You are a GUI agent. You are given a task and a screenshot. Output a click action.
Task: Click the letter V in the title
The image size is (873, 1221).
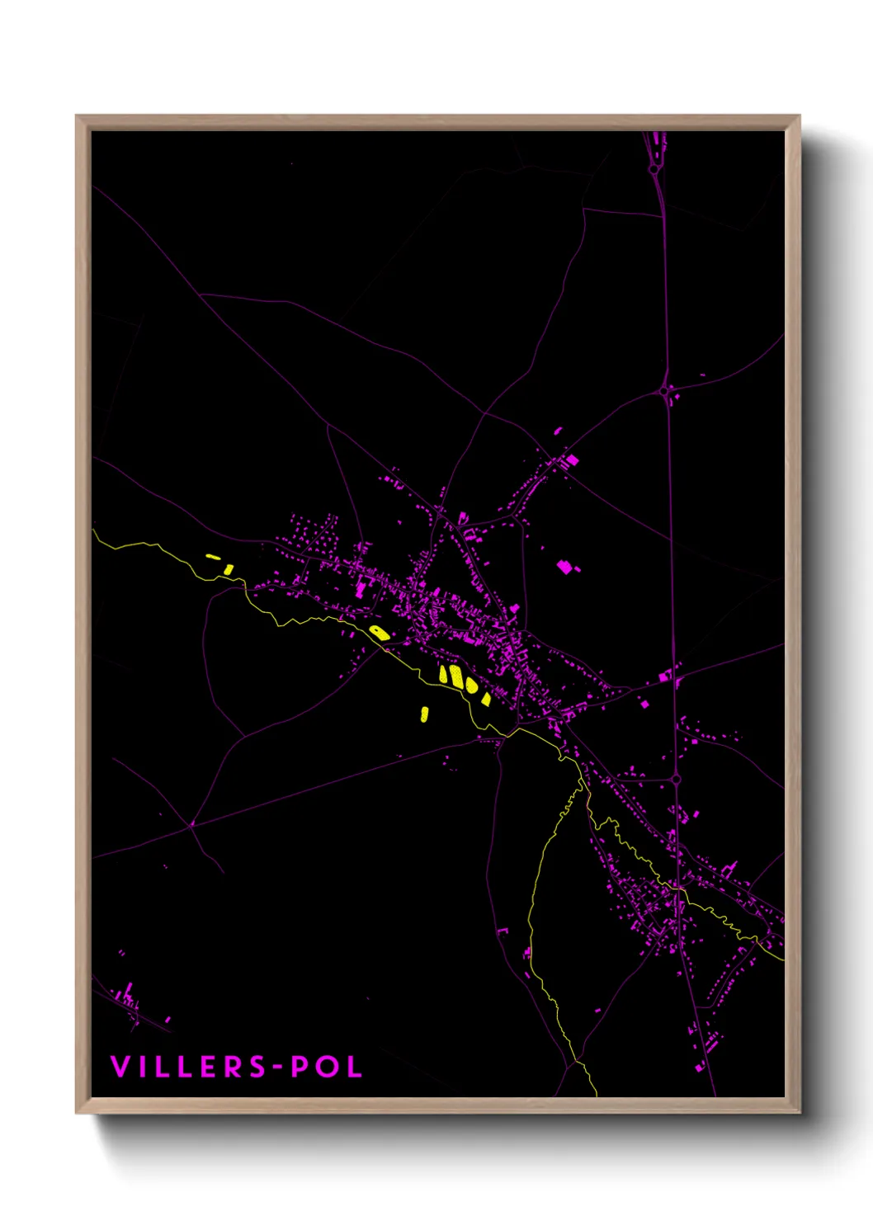tap(120, 1067)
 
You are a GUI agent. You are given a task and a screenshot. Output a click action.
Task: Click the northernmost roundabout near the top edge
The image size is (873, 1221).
tap(654, 169)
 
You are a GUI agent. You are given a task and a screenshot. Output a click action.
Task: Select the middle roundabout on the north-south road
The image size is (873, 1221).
tap(664, 390)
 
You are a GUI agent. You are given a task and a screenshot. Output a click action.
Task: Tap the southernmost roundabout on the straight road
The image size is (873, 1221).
tap(675, 778)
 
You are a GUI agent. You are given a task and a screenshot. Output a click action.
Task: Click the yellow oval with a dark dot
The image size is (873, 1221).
tap(379, 633)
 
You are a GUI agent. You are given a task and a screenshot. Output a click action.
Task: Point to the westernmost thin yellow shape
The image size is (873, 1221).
tap(213, 557)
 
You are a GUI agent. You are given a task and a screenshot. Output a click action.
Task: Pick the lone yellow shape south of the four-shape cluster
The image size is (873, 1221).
tap(425, 713)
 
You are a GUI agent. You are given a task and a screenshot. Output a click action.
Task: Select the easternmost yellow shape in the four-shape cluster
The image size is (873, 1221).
tap(486, 699)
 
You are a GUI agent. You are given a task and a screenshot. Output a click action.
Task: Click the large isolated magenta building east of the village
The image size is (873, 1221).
tap(565, 567)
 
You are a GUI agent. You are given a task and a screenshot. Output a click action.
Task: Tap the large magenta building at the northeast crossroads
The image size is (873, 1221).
tap(571, 459)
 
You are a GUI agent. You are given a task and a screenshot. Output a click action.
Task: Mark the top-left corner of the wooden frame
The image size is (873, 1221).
tap(77, 116)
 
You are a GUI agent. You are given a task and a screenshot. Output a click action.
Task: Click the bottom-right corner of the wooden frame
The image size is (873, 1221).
tap(800, 1112)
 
